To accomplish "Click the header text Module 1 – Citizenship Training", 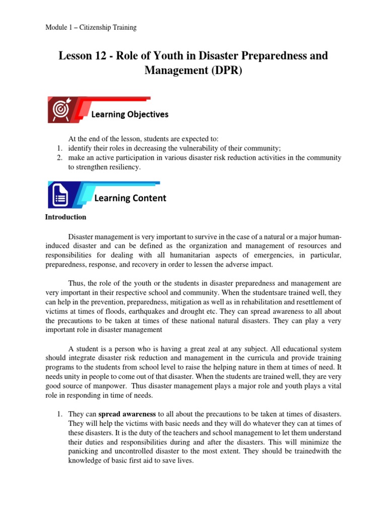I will point(91,27).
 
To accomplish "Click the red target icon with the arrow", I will point(61,110).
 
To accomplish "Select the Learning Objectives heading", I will point(130,114).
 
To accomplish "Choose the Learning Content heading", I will point(130,198).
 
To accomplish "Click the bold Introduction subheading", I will point(66,217).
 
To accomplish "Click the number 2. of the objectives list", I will point(59,158).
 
